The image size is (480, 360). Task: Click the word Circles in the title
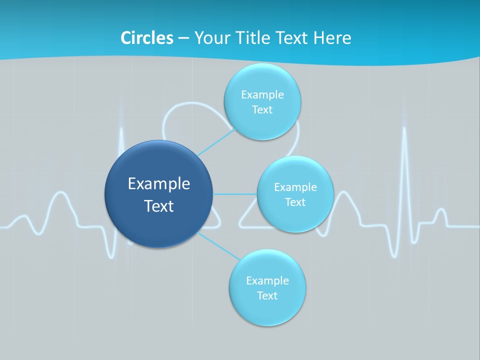point(147,37)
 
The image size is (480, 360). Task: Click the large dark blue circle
point(158,194)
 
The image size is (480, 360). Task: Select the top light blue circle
point(262,101)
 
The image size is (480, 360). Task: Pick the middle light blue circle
point(295,194)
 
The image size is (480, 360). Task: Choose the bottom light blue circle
point(267,287)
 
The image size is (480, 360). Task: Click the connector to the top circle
point(216,142)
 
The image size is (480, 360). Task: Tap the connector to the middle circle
point(235,194)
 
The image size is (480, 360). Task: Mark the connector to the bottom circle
point(218,246)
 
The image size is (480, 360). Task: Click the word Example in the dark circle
point(159,184)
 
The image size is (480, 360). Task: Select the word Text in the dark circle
point(159,206)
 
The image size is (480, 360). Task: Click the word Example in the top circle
point(262,95)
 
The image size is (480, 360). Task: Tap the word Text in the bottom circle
point(267,295)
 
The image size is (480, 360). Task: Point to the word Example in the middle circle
point(295,187)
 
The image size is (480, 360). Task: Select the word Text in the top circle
point(262,109)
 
